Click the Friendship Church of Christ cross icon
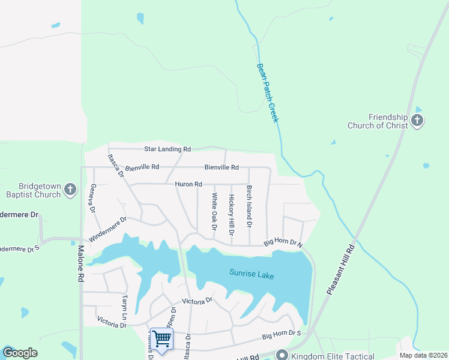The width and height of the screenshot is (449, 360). point(417,121)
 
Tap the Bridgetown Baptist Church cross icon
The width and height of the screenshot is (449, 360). point(70,190)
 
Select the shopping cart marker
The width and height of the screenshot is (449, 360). point(161,339)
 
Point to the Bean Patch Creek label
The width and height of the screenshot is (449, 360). point(268,93)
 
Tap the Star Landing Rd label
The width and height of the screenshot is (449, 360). point(167,149)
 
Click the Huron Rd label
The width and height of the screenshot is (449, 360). point(188,184)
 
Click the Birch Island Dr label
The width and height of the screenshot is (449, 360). point(249,206)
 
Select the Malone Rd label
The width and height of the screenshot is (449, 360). point(80,263)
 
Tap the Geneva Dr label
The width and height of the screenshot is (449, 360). point(92,199)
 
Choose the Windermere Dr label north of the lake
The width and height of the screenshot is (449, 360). point(108,229)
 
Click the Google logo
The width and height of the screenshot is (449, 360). point(20,353)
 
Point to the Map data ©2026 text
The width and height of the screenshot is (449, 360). point(423,355)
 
